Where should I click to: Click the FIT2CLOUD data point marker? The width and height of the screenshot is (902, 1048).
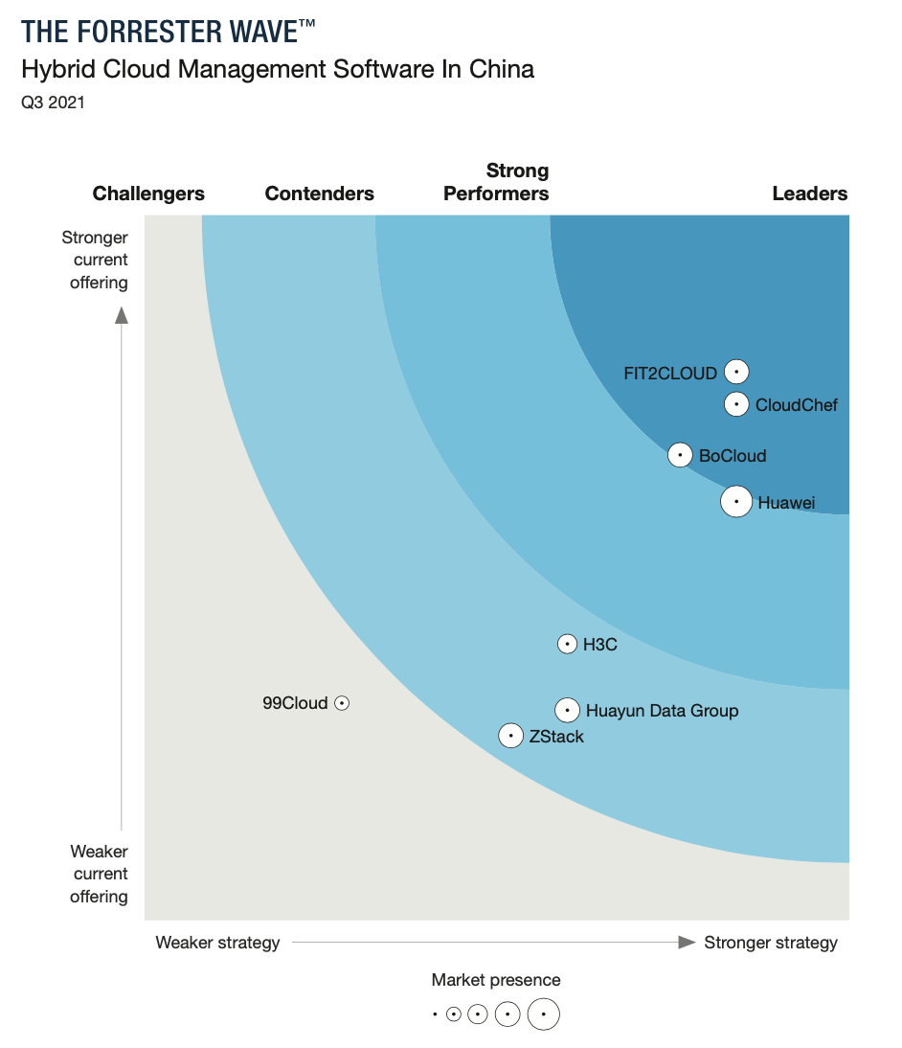click(x=735, y=372)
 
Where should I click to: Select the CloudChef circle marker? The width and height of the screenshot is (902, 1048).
click(x=735, y=404)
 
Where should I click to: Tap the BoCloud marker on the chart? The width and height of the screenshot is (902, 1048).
click(x=680, y=455)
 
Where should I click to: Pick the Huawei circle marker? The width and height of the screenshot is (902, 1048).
click(x=735, y=501)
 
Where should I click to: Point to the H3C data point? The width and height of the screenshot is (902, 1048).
click(x=568, y=644)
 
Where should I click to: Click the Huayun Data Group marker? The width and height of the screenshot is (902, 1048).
click(x=568, y=710)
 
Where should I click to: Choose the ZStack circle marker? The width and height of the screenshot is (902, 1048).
click(x=511, y=736)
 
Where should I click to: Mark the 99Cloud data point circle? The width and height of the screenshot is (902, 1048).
click(x=342, y=703)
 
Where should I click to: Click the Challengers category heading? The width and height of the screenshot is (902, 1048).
click(x=148, y=194)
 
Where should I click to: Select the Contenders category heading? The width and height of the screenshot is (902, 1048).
click(x=319, y=194)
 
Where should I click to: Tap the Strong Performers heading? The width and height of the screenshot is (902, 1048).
click(x=496, y=182)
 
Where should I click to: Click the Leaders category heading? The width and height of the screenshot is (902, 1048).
click(x=809, y=194)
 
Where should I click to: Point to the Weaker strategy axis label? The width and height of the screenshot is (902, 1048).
click(x=217, y=943)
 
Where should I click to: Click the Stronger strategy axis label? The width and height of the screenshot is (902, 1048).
click(x=770, y=943)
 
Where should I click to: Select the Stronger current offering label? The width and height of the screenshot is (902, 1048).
click(x=95, y=260)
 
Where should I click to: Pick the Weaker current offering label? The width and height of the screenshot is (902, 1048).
click(x=99, y=874)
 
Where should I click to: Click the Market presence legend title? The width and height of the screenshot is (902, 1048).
click(x=495, y=980)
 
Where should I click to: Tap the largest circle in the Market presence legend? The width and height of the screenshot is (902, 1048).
click(x=543, y=1014)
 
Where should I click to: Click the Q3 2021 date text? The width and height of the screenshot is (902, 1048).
click(x=53, y=103)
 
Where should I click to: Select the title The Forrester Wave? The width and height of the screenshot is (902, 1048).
click(x=168, y=32)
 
